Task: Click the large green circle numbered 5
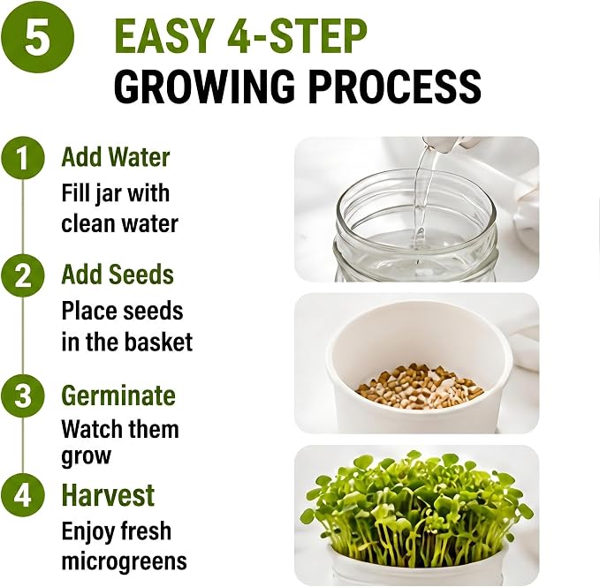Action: pos(37,38)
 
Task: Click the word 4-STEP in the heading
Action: pos(297,36)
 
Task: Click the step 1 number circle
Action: pos(23,157)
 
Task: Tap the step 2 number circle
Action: pos(23,275)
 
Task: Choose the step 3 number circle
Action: pos(23,395)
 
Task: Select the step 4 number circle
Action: pos(23,495)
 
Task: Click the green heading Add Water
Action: pos(116,157)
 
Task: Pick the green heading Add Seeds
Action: pos(118,275)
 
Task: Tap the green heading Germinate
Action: pos(118,395)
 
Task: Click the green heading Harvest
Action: pos(109,495)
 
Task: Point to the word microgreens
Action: pos(125,561)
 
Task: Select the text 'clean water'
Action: pos(120,223)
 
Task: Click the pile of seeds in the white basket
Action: pos(420,386)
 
